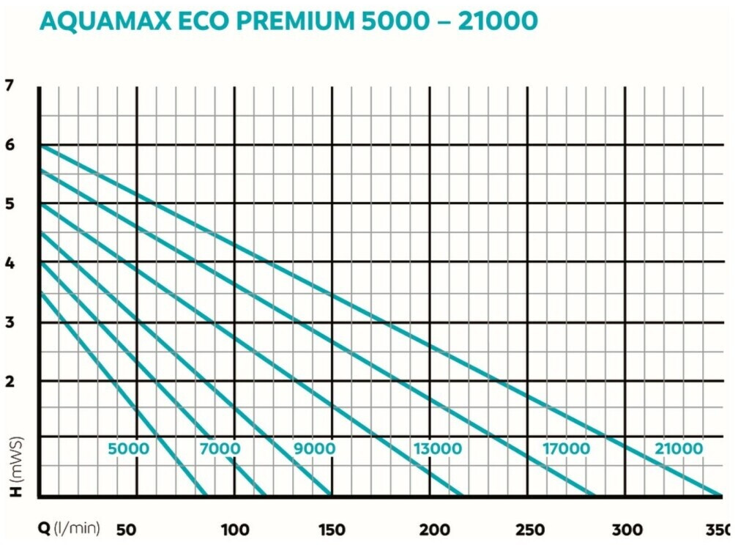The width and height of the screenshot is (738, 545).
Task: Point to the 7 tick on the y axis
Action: [10, 86]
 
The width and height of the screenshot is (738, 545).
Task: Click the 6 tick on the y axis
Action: [10, 145]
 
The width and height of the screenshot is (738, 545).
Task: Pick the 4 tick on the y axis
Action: [10, 263]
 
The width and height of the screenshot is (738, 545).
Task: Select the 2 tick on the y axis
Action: [10, 381]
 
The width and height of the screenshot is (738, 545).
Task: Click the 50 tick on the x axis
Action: [128, 530]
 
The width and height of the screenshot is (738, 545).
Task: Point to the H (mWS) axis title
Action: [16, 470]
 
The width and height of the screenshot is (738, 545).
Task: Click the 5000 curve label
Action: [128, 448]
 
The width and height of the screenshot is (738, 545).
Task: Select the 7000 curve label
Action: [219, 448]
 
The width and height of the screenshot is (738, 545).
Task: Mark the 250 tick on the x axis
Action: [530, 530]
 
